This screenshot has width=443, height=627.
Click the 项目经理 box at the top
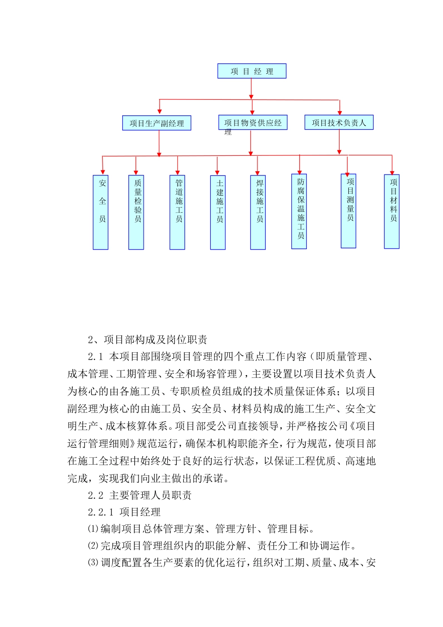tap(252, 71)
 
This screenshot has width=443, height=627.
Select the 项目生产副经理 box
tap(157, 123)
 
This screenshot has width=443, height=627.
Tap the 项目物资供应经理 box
tap(253, 123)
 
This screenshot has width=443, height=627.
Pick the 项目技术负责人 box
tap(339, 123)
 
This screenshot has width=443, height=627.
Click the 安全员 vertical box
tap(101, 212)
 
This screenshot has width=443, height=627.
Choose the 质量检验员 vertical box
tap(136, 212)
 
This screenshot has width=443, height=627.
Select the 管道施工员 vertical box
tap(177, 212)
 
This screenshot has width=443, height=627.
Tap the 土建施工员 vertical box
tap(218, 212)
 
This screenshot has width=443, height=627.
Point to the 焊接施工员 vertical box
tap(258, 212)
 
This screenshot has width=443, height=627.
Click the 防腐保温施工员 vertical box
tap(299, 211)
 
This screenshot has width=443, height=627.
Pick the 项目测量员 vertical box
tap(348, 211)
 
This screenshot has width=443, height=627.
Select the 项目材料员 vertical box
tap(392, 211)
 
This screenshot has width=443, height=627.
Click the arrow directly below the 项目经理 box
tap(251, 89)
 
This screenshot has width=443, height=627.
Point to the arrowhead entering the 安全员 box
tap(103, 172)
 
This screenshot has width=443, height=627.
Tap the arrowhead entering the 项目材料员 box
tap(392, 172)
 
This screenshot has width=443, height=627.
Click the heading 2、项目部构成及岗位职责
tap(147, 340)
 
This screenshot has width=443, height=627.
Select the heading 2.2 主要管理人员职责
tap(139, 495)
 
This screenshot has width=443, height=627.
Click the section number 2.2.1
tap(100, 512)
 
